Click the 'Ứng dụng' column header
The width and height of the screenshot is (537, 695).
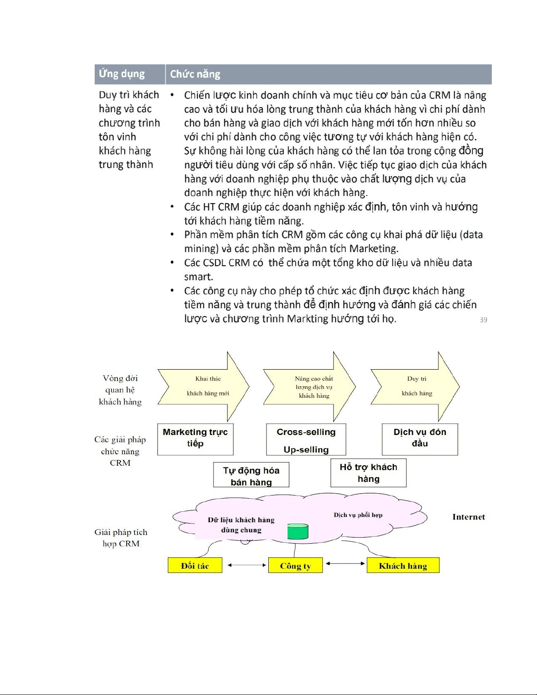[x=122, y=74]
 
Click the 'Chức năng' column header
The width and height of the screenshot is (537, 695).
[x=195, y=74]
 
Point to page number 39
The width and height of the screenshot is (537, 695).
[x=483, y=320]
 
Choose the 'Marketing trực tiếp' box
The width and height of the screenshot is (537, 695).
[x=195, y=439]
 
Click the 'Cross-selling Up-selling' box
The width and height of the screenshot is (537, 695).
[x=306, y=440]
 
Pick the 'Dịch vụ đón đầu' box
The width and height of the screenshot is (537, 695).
[x=420, y=439]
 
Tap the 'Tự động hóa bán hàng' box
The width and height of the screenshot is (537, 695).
[x=251, y=475]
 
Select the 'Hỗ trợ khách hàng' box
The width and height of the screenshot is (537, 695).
[x=368, y=473]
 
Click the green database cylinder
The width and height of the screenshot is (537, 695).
[x=298, y=531]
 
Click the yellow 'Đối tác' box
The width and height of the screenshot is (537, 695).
[x=195, y=566]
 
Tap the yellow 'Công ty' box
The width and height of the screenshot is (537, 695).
[x=295, y=566]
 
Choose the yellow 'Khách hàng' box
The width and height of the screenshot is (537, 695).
[x=403, y=566]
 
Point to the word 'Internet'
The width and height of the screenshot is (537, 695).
[x=469, y=517]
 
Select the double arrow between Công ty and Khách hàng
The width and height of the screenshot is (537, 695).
[x=345, y=563]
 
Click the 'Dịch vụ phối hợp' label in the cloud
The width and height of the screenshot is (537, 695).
[x=358, y=515]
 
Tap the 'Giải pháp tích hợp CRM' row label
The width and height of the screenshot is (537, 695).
[x=121, y=538]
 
